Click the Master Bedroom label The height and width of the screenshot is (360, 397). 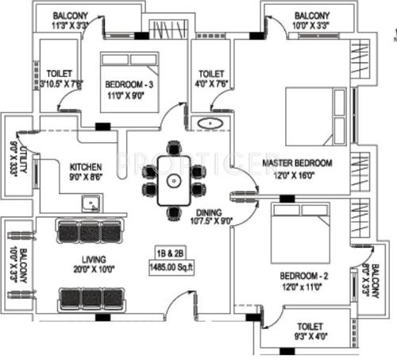(x=298, y=164)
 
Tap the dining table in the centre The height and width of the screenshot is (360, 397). (x=174, y=180)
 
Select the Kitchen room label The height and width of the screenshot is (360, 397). (x=86, y=167)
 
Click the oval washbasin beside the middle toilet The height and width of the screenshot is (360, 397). (x=210, y=124)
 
